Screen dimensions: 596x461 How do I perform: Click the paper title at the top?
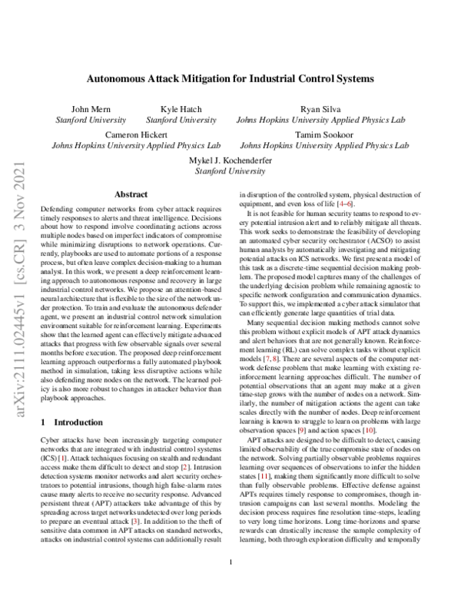[x=230, y=78]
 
